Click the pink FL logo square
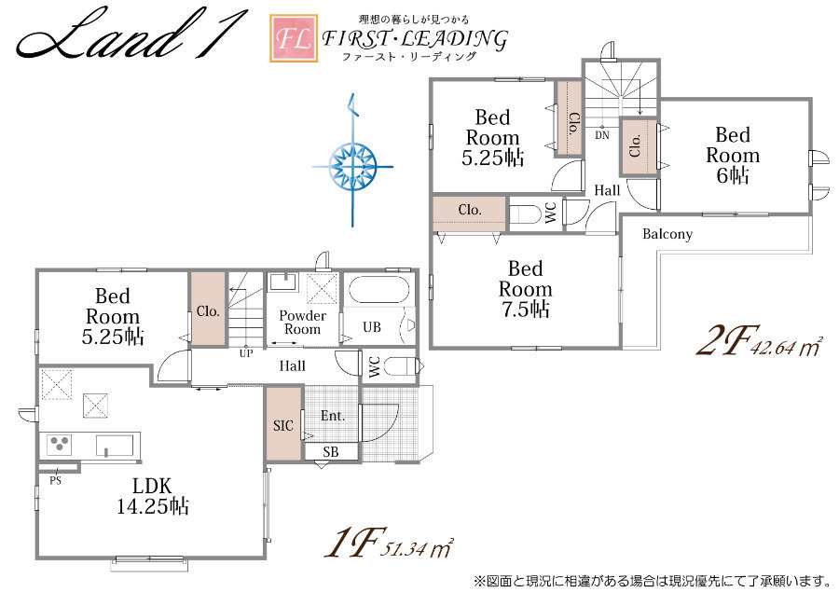(x=294, y=38)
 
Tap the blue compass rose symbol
(x=352, y=166)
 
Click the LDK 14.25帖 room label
(x=153, y=496)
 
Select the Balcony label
(x=667, y=234)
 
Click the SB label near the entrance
(x=331, y=452)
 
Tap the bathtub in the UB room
(x=378, y=290)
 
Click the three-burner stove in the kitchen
(x=59, y=445)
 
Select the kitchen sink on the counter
(x=115, y=446)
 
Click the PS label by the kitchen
(x=56, y=481)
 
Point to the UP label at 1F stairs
(x=246, y=353)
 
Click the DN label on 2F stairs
(x=602, y=135)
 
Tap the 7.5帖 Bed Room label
(x=525, y=289)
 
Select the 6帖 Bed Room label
(x=733, y=155)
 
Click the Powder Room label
(x=303, y=323)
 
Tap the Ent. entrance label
(x=333, y=416)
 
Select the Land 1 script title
(x=131, y=34)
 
